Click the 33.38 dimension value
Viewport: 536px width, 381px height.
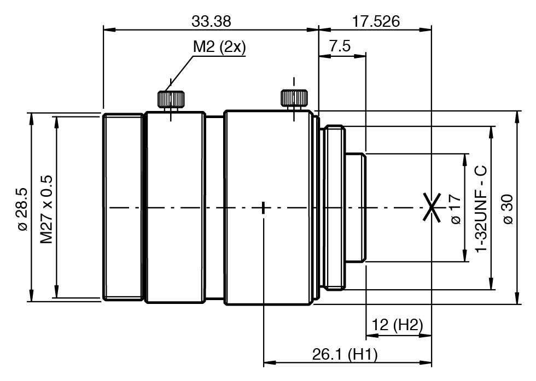[211, 21]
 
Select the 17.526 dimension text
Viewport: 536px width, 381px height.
[376, 21]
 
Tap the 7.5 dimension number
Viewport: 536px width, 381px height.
[340, 46]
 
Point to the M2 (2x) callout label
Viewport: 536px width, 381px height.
[219, 46]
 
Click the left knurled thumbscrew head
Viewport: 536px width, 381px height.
[171, 99]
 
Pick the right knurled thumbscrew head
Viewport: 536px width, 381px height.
[294, 98]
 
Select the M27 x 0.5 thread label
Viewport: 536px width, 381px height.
[46, 209]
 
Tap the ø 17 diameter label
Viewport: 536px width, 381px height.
[456, 209]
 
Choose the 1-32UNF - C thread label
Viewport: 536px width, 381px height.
[481, 209]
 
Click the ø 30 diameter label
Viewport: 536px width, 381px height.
[508, 209]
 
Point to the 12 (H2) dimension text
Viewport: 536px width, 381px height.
[397, 325]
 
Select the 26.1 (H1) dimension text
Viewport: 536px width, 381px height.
[345, 354]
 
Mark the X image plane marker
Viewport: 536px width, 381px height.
[432, 207]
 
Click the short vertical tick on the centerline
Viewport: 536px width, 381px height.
[264, 207]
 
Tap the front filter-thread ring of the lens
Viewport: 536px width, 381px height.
[123, 207]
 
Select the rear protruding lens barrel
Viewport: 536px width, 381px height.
[356, 207]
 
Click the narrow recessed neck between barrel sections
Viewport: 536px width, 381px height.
[214, 207]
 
